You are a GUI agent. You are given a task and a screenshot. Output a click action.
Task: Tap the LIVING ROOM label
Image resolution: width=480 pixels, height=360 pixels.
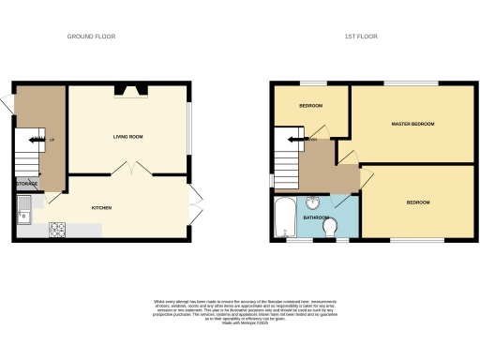127,137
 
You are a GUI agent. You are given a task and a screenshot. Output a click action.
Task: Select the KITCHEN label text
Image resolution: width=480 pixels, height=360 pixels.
103,207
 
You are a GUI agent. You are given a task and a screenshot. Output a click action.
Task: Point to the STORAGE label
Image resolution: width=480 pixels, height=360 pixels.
26,184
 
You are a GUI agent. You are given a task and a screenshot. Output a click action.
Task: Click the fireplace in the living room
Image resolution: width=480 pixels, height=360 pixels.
128,90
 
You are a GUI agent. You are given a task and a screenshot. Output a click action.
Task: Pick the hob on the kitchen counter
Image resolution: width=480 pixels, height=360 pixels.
57,227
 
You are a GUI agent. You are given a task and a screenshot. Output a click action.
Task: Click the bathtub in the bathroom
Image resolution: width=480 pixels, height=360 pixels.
283,217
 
